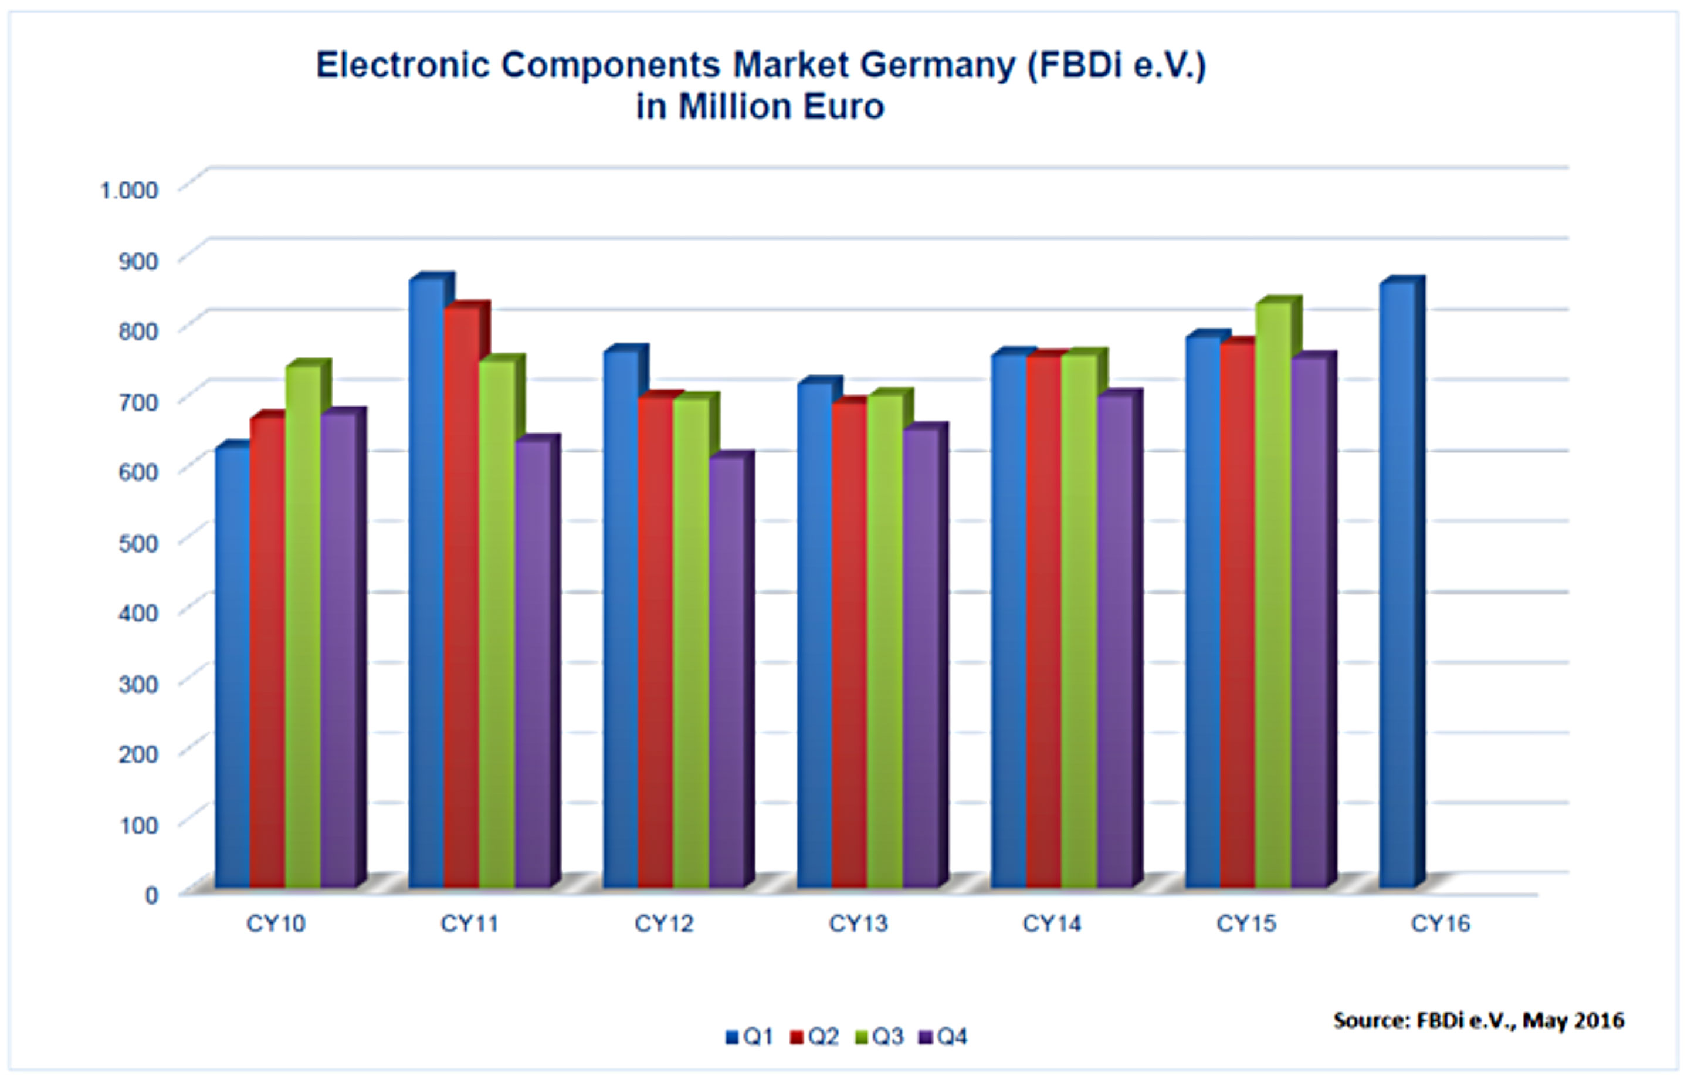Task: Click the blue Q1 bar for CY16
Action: pyautogui.click(x=1398, y=584)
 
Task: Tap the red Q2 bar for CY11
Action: pyautogui.click(x=461, y=598)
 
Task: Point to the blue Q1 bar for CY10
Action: pyautogui.click(x=233, y=668)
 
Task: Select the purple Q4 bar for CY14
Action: pyautogui.click(x=1114, y=640)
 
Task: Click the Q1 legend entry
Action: pyautogui.click(x=750, y=1037)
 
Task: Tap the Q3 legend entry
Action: pyautogui.click(x=879, y=1037)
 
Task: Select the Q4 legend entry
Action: pyautogui.click(x=944, y=1037)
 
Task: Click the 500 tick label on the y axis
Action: pyautogui.click(x=138, y=542)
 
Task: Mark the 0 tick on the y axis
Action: pyautogui.click(x=151, y=895)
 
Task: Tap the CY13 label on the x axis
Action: pyautogui.click(x=858, y=923)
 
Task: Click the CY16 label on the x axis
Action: pyautogui.click(x=1440, y=923)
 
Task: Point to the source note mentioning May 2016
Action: pyautogui.click(x=1479, y=1020)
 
